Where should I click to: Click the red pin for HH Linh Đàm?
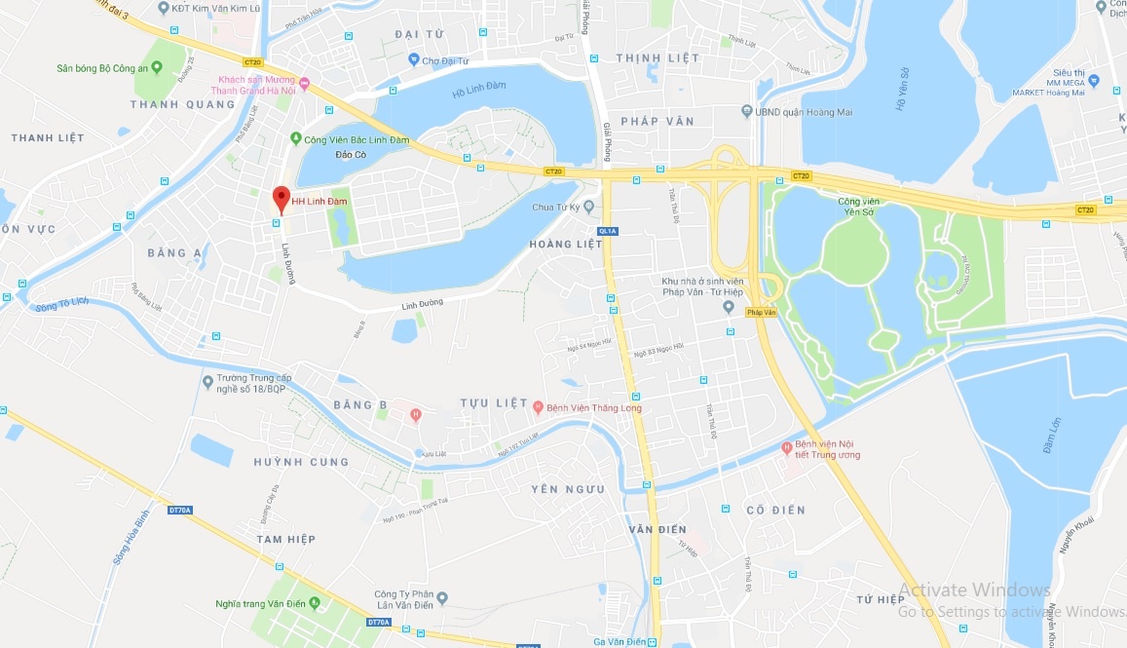click(281, 198)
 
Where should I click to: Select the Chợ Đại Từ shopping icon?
click(413, 60)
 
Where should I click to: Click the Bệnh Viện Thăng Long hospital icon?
click(538, 406)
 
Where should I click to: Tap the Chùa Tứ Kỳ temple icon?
click(603, 207)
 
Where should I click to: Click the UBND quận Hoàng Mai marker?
click(746, 112)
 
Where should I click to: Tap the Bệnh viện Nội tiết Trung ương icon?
click(787, 448)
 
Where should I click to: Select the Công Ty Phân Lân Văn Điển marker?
click(441, 598)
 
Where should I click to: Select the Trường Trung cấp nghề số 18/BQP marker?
click(207, 382)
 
